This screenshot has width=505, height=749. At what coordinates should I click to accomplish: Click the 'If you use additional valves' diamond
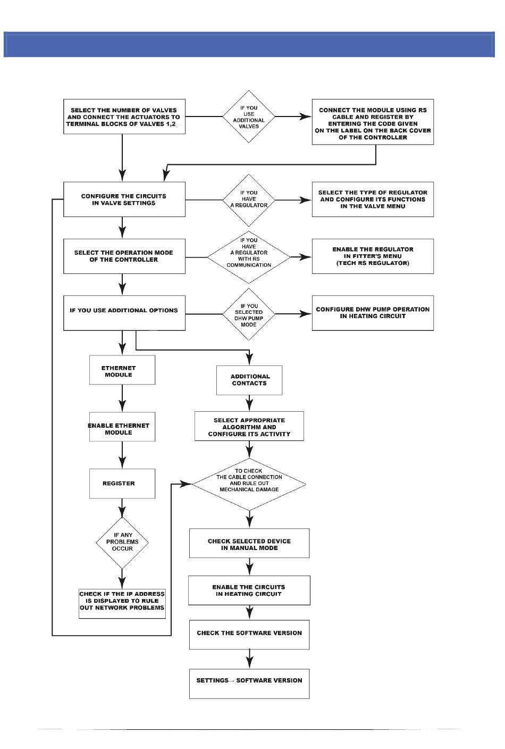pyautogui.click(x=249, y=116)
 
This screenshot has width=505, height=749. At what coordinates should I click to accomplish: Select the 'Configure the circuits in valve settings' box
pyautogui.click(x=124, y=199)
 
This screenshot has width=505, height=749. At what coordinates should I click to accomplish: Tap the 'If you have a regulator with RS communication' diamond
pyautogui.click(x=249, y=257)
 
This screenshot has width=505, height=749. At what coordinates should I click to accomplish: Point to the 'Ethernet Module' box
pyautogui.click(x=122, y=370)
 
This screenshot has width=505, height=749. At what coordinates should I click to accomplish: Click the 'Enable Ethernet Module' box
pyautogui.click(x=122, y=427)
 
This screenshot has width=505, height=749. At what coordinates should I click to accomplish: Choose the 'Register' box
pyautogui.click(x=122, y=484)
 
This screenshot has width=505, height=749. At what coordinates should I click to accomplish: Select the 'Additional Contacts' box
pyautogui.click(x=249, y=380)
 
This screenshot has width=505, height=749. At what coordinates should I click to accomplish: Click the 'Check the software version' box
pyautogui.click(x=249, y=635)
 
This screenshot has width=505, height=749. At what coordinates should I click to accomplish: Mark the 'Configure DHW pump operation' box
pyautogui.click(x=373, y=313)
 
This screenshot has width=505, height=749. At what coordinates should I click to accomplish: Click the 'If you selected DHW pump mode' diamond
pyautogui.click(x=249, y=314)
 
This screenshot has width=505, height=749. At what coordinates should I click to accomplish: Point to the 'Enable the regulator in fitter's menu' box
pyautogui.click(x=373, y=256)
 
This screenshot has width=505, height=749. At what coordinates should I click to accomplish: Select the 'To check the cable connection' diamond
pyautogui.click(x=249, y=484)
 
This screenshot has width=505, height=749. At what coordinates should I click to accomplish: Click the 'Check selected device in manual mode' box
pyautogui.click(x=249, y=543)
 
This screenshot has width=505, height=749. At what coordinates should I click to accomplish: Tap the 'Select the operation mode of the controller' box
pyautogui.click(x=124, y=256)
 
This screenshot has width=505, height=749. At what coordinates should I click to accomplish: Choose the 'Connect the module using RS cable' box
pyautogui.click(x=373, y=122)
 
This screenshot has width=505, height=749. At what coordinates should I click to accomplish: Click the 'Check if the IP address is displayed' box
pyautogui.click(x=122, y=604)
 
